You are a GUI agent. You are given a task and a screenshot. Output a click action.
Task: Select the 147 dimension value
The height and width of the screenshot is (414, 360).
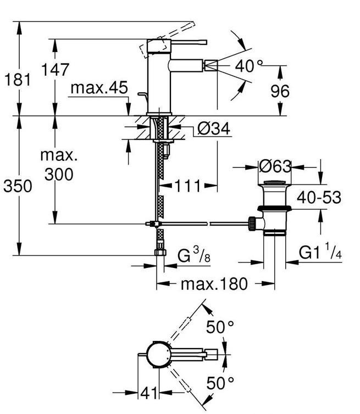(56, 70)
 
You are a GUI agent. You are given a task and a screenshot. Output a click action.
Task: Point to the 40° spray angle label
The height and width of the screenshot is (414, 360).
(245, 66)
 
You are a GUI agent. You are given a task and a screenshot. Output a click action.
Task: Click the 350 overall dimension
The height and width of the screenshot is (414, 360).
(18, 186)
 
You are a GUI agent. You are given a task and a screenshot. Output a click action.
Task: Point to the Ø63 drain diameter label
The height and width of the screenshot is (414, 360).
(274, 165)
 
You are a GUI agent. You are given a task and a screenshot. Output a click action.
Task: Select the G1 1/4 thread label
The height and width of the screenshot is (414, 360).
(320, 253)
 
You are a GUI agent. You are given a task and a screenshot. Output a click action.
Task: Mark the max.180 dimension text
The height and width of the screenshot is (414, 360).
(215, 284)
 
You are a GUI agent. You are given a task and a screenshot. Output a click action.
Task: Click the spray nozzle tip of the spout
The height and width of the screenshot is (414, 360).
(209, 66)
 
